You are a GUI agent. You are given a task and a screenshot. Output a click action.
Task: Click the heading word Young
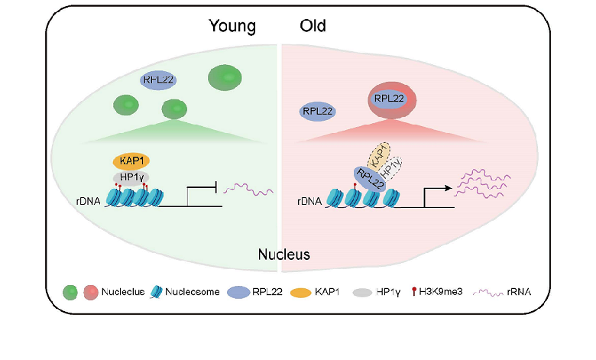pos(232,28)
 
